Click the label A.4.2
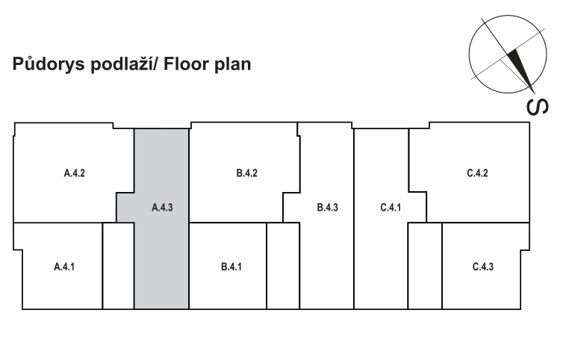point(75,174)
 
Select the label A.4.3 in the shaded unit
point(162,208)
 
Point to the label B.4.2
point(246,174)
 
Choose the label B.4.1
point(231,267)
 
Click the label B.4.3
point(328,208)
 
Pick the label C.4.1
point(391,208)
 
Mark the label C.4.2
point(477,174)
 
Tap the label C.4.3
point(483,267)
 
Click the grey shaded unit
point(161,254)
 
